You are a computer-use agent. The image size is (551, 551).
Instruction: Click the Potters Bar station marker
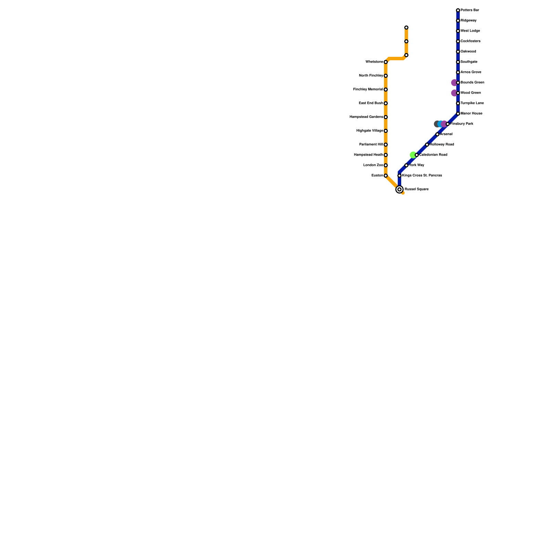458,10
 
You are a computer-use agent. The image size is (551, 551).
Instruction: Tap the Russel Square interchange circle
399,189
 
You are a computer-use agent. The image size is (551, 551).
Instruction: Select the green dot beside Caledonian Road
413,155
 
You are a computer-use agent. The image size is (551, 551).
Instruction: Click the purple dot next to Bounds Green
454,83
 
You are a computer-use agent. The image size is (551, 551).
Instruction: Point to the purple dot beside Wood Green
454,93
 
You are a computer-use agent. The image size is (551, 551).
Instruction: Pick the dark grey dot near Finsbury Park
437,124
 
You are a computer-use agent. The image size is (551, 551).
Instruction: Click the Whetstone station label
374,62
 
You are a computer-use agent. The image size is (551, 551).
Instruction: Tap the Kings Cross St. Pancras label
422,176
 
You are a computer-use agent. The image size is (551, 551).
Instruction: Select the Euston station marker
386,176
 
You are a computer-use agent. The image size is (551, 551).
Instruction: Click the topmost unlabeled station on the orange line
406,28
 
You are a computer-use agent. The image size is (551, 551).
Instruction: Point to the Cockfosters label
470,41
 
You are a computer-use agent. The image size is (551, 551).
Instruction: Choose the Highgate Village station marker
386,131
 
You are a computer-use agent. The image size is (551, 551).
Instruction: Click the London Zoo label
373,165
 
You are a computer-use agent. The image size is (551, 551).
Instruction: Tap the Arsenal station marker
437,134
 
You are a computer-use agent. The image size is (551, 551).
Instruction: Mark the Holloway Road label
442,145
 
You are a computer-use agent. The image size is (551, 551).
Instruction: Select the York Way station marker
406,165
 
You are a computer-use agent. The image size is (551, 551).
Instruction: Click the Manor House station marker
458,114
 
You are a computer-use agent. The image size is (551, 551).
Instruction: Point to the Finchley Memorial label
368,90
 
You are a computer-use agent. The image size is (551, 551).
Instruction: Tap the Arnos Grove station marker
458,72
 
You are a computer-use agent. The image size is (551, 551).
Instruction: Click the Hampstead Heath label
368,155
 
